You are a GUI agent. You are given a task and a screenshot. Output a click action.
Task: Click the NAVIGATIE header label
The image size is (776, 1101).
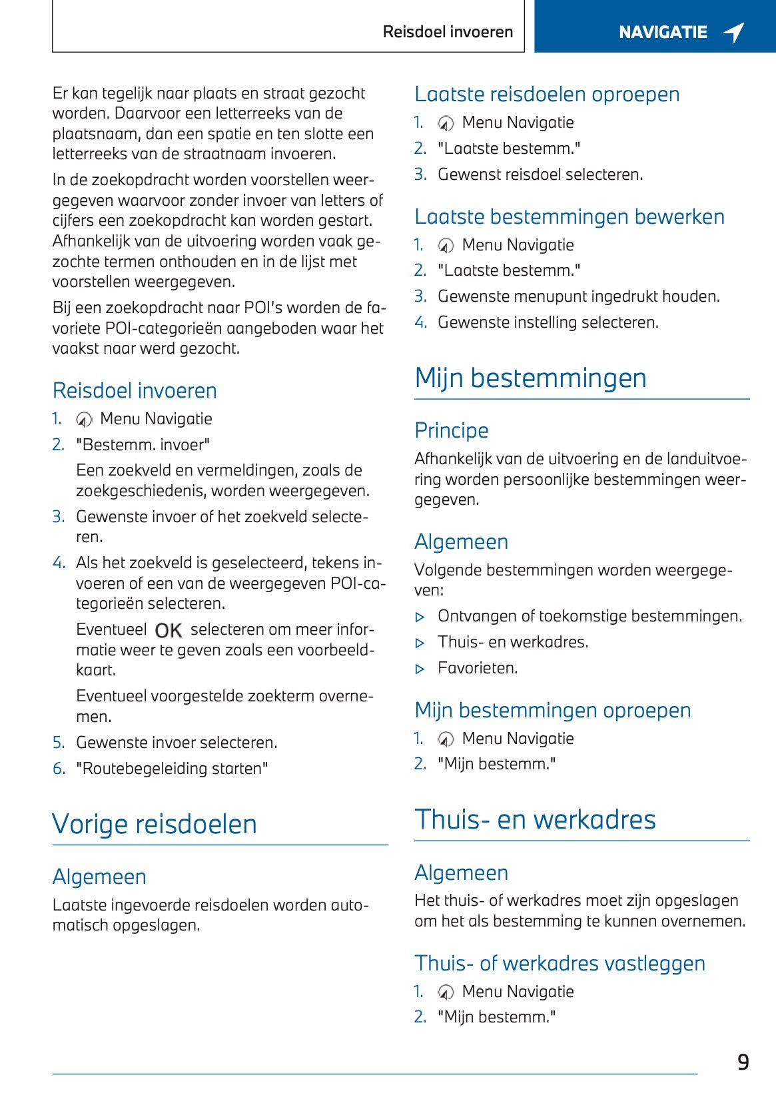[x=662, y=32]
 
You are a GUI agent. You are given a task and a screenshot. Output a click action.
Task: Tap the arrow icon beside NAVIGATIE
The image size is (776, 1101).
[x=734, y=31]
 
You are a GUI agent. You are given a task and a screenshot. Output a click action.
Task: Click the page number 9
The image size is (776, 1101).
[x=743, y=1062]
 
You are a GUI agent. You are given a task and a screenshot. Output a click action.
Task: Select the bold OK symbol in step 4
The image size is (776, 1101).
[x=169, y=630]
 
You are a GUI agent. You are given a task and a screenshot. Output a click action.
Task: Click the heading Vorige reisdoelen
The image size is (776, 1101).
[x=155, y=824]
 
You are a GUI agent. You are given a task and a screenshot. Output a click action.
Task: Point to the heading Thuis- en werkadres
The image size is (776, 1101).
[x=535, y=819]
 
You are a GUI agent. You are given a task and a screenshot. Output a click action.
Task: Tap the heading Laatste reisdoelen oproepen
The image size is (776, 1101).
[x=547, y=94]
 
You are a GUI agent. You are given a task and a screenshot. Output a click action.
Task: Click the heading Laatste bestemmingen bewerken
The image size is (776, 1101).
[x=569, y=216]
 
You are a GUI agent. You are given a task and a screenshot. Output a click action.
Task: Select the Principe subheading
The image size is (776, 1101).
[x=451, y=430]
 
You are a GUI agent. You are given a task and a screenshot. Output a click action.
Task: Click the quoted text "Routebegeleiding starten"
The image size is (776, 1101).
[x=172, y=769]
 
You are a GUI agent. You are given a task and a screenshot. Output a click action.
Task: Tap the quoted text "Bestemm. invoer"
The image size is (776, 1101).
[x=143, y=445]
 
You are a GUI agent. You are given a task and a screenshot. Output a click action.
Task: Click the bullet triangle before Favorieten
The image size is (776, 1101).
[x=420, y=669]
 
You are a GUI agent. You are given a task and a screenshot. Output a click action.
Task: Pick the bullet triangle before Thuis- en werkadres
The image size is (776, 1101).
[x=420, y=643]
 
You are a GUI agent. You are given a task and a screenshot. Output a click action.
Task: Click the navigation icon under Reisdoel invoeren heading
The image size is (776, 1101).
[x=84, y=420]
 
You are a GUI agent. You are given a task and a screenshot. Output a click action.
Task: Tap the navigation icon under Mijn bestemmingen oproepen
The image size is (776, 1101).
[x=446, y=739]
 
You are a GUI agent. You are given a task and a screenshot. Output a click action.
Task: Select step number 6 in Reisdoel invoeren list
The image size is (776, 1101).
[x=59, y=769]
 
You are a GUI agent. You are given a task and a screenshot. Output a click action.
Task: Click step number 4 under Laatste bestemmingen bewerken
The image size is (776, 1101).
[x=420, y=322]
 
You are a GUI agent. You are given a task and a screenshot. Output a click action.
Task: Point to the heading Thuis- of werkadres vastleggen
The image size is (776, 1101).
[x=560, y=963]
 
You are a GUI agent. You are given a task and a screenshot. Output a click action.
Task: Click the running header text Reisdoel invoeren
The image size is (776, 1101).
[x=448, y=32]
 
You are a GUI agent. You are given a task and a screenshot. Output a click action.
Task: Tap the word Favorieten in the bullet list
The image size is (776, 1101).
[x=477, y=668]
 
